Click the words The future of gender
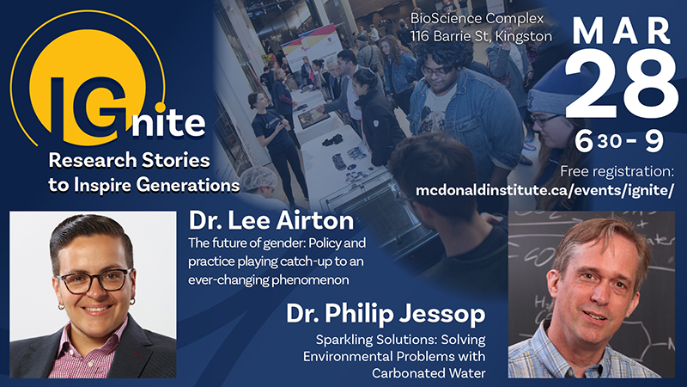(x=232, y=242)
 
